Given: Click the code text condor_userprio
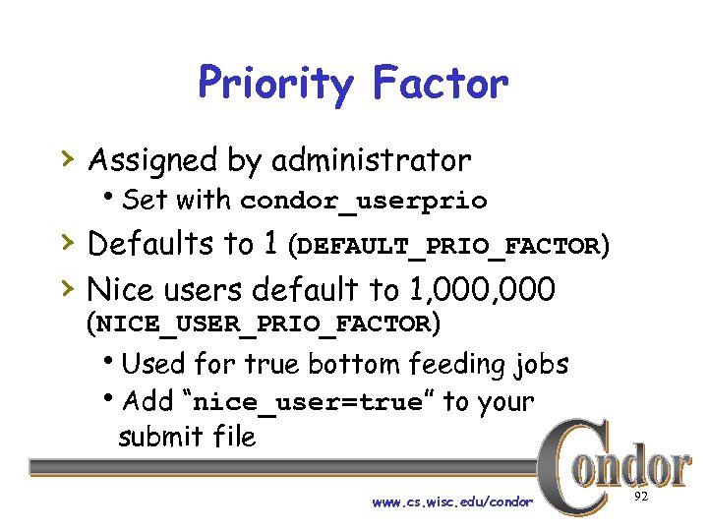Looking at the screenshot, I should point(364,202).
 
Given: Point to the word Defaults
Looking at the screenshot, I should point(156,243).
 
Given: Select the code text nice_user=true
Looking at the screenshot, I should point(310,403).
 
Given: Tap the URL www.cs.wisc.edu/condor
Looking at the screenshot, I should point(452,502).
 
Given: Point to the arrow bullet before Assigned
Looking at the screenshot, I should point(66,157).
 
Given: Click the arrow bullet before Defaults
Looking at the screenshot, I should point(66,241).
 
